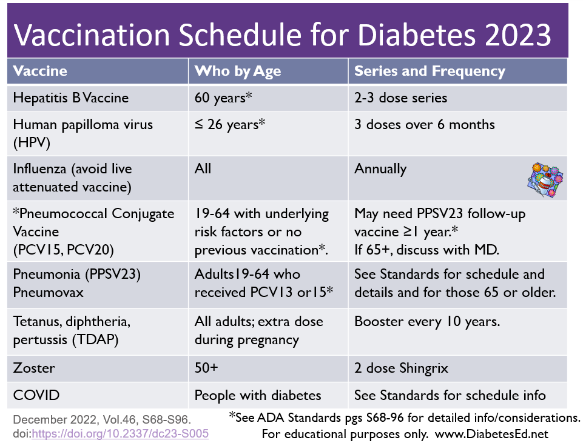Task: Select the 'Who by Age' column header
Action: [x=237, y=72]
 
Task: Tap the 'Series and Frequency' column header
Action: [x=430, y=72]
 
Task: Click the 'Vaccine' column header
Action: [x=40, y=72]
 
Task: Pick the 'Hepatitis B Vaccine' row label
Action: [x=71, y=98]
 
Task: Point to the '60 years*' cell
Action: [x=223, y=98]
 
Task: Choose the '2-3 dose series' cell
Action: [x=400, y=98]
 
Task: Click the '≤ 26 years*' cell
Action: [x=230, y=125]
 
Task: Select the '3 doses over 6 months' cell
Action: [x=425, y=125]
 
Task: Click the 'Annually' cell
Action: [x=380, y=168]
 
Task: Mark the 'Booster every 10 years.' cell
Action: [x=427, y=322]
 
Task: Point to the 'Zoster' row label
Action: [x=34, y=368]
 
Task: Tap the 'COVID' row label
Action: [x=36, y=395]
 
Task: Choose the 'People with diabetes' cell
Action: [x=258, y=395]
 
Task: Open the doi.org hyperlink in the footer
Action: [x=120, y=433]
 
